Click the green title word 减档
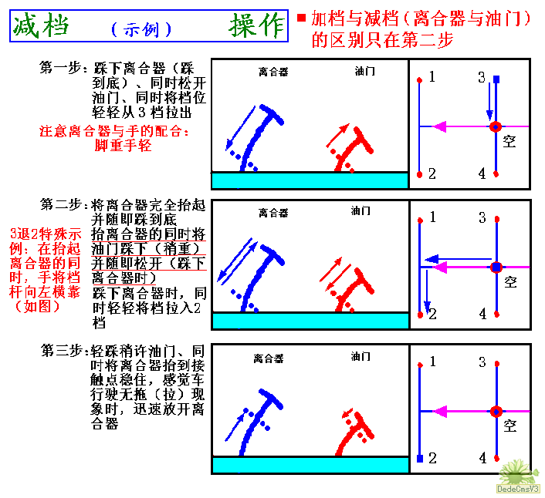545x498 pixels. point(41,25)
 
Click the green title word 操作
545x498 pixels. point(256,25)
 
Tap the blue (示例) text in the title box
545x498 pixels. point(141,30)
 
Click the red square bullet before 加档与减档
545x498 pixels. point(301,18)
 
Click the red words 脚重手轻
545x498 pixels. point(123,145)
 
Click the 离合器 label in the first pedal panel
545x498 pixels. point(273,72)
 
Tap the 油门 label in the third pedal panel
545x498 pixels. point(361,356)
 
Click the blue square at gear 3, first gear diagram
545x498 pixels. point(496,79)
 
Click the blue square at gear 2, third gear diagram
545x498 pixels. point(420,459)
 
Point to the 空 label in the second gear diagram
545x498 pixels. point(510,282)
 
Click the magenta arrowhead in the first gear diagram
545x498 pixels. point(439,126)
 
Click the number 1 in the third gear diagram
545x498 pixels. point(433,362)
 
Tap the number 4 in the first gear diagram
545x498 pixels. point(482,173)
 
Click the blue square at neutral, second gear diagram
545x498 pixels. point(496,268)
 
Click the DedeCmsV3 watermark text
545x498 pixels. point(518,489)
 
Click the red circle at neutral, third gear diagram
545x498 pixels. point(496,412)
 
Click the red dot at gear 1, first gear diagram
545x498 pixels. point(419,80)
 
